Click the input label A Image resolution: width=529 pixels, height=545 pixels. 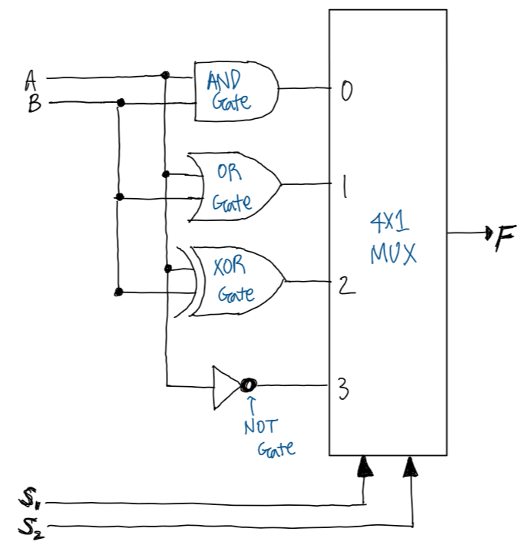[31, 81]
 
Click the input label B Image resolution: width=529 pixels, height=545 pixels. [35, 104]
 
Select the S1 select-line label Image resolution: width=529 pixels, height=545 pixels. [29, 498]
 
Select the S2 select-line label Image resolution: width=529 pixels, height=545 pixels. [31, 527]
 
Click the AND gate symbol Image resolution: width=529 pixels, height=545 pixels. [236, 91]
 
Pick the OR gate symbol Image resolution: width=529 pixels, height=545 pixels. [234, 187]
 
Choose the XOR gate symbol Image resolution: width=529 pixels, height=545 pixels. [230, 282]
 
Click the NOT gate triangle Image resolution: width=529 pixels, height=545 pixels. [227, 387]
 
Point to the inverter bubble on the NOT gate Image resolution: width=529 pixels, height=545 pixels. [249, 385]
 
